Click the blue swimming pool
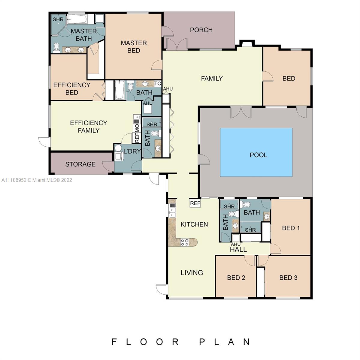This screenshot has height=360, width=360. [256, 152]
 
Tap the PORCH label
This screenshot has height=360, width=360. [201, 30]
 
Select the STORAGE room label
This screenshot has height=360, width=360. [80, 164]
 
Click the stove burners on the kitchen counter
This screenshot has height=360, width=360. [185, 242]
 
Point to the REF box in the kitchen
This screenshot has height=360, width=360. [195, 203]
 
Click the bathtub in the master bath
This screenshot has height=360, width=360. [77, 19]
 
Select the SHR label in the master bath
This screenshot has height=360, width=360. [58, 19]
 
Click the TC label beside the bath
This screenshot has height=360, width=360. [158, 83]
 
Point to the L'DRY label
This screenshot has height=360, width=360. [132, 151]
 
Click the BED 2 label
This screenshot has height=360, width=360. [236, 278]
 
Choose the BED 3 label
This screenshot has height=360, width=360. [288, 278]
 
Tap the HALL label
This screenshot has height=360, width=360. [238, 249]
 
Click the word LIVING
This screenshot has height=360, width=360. [192, 273]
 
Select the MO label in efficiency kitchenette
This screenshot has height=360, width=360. [137, 128]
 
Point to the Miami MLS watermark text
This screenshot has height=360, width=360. [37, 180]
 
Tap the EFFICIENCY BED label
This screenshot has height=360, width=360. [72, 89]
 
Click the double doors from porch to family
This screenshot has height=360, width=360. [177, 44]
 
